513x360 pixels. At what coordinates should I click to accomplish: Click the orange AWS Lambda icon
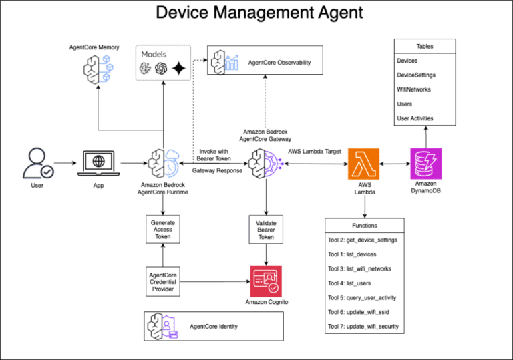(363, 164)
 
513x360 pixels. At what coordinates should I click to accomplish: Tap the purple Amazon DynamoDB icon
(425, 164)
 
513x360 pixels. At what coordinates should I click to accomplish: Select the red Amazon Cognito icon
(266, 281)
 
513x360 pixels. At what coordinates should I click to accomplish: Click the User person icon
(37, 163)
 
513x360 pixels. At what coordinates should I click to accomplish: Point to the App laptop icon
(98, 163)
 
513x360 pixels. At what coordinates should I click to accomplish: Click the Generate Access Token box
(162, 228)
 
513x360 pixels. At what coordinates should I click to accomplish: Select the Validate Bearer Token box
(266, 228)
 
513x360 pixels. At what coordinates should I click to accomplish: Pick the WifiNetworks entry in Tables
(415, 89)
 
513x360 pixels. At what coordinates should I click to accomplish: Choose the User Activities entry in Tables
(415, 118)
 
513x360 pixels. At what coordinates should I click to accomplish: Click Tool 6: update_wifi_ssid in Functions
(361, 312)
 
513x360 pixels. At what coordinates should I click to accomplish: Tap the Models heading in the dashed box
(154, 53)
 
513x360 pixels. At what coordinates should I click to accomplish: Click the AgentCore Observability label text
(279, 63)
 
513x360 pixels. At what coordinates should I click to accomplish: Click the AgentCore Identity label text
(214, 326)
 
